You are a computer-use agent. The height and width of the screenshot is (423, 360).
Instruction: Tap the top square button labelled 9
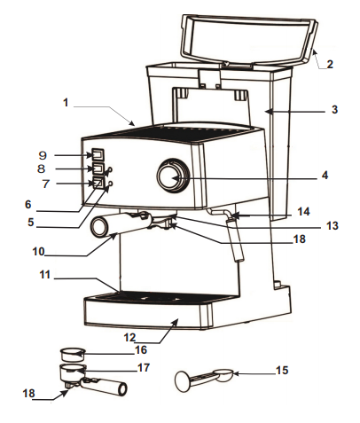click(x=98, y=154)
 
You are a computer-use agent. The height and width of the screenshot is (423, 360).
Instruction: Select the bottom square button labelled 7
click(x=98, y=183)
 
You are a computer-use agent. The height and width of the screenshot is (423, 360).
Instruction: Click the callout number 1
click(x=66, y=103)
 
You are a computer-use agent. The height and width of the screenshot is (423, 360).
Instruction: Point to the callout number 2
click(x=329, y=64)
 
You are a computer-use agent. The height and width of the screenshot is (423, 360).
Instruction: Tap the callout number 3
click(x=334, y=110)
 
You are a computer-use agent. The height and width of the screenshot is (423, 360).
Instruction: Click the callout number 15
click(x=282, y=370)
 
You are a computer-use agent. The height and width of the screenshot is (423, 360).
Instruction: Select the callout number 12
click(x=129, y=337)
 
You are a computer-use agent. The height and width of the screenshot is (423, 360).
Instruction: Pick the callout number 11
click(x=44, y=274)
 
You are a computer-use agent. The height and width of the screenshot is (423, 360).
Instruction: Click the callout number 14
click(x=303, y=211)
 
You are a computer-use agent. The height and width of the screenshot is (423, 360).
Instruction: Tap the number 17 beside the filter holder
click(x=144, y=367)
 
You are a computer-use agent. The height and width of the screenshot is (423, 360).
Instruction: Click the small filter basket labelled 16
click(x=73, y=354)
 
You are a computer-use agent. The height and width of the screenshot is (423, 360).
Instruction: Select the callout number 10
click(x=38, y=252)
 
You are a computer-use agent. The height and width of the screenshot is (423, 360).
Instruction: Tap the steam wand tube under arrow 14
click(x=235, y=239)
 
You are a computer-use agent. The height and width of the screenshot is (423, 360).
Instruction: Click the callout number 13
click(x=332, y=225)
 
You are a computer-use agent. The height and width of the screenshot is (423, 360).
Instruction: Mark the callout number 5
click(x=31, y=222)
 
